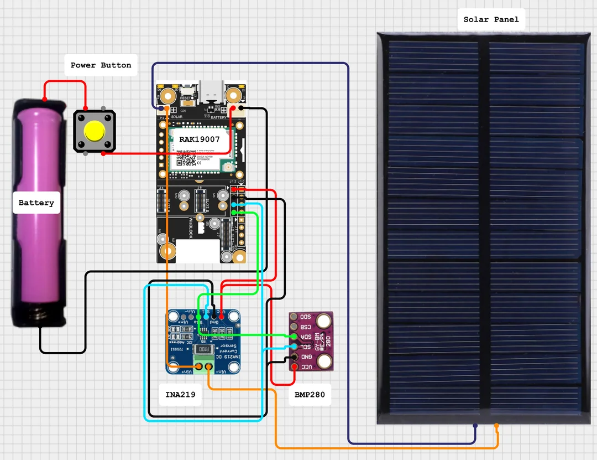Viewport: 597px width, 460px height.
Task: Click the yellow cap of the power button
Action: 95,131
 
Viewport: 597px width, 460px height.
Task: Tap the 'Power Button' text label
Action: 101,65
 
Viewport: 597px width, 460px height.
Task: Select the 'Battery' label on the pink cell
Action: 36,203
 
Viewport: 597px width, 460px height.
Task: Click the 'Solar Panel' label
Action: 491,19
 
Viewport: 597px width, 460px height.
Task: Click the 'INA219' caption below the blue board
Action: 180,395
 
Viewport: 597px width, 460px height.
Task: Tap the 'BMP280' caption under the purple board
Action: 310,395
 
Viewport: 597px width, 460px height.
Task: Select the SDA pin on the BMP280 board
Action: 294,337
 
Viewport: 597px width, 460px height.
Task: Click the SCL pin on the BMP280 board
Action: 294,347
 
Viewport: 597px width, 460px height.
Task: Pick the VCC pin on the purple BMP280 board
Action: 294,367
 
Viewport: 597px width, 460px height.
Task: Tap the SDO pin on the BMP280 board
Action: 294,317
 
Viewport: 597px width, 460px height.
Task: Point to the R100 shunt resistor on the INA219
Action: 204,350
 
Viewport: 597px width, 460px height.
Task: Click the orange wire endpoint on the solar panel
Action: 496,426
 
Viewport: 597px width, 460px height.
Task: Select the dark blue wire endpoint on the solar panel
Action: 475,426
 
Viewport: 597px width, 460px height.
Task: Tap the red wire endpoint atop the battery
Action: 45,100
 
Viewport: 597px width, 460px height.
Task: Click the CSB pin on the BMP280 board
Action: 294,327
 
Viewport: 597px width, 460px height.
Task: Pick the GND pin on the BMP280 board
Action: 294,357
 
